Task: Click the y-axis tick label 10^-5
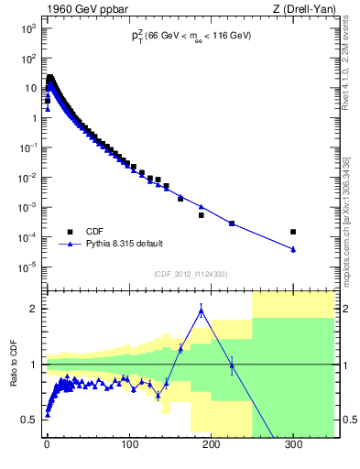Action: click(27, 267)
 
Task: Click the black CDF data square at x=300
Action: click(293, 232)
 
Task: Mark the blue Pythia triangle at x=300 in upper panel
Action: click(293, 249)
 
